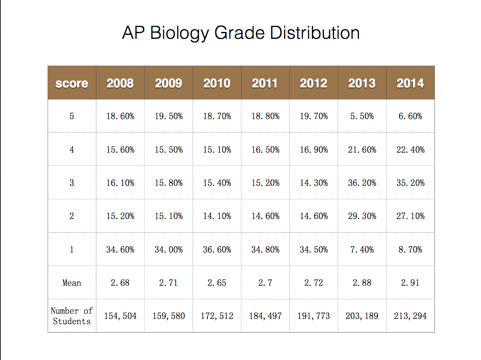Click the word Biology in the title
(x=179, y=33)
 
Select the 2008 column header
(x=120, y=83)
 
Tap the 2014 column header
(x=411, y=83)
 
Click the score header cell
(x=72, y=83)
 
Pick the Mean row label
(x=72, y=282)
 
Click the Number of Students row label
(x=72, y=316)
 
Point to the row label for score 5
(x=72, y=116)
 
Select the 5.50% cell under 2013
(x=362, y=116)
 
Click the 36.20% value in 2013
(x=362, y=183)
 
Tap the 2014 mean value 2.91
(x=410, y=282)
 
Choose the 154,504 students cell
(x=120, y=316)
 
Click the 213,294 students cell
(x=411, y=316)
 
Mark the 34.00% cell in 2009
(x=169, y=250)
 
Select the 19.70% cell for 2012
(x=314, y=116)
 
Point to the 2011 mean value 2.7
(x=265, y=282)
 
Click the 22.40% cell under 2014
(x=411, y=150)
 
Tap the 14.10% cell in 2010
(x=217, y=216)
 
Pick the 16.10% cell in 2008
(x=120, y=183)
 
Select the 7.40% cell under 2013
(x=362, y=250)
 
